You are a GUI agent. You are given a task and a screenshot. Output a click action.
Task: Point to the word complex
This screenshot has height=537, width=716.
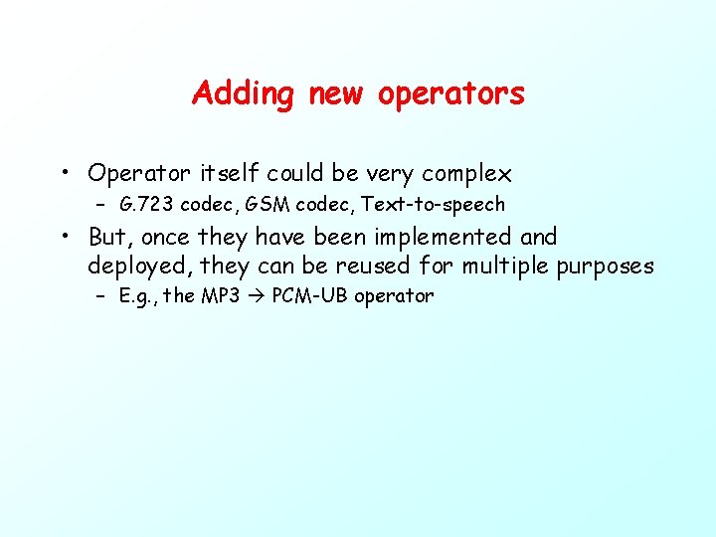coord(466,174)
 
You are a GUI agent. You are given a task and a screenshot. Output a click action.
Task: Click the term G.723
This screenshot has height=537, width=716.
coord(146,205)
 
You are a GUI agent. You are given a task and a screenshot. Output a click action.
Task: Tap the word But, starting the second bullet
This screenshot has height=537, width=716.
coord(111,237)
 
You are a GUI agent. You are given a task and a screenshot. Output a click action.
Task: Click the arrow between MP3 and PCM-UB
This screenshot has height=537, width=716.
coord(256,296)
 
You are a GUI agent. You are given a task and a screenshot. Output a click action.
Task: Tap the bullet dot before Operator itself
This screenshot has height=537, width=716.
coord(63,174)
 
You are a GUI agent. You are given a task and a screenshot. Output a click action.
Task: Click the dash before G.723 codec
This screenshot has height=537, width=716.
coord(101,206)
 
